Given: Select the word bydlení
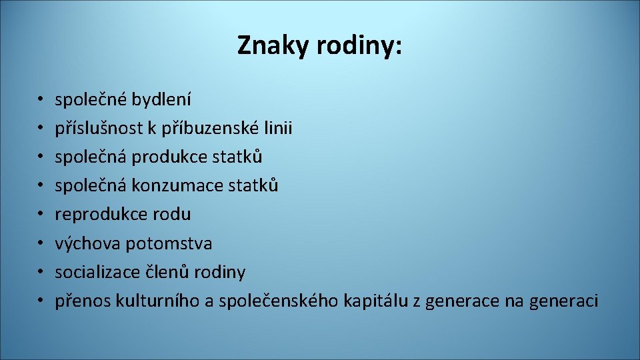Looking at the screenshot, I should (161, 100).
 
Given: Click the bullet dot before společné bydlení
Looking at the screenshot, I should (40, 101).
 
